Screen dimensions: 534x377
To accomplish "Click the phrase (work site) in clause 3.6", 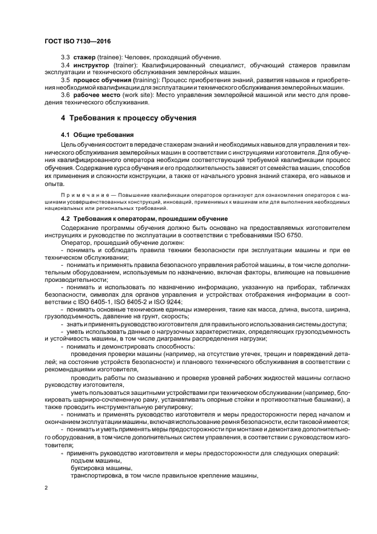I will [126, 95].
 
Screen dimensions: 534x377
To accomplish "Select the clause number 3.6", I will [65, 95].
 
